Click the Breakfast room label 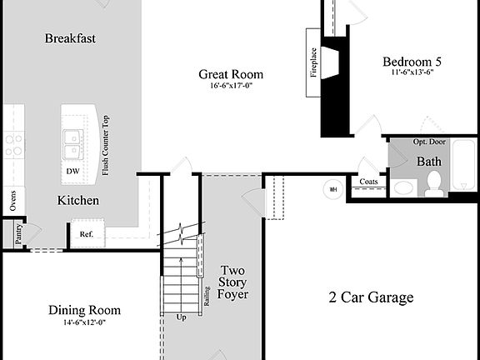coord(70,38)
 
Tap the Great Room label coord(231,74)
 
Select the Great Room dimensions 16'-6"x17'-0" coord(231,86)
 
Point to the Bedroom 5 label coord(412,61)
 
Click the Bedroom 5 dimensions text coord(412,72)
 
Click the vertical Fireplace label coord(314,62)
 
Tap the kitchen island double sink coord(72,143)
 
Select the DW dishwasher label coord(73,172)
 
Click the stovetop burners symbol coord(13,146)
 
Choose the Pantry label coord(17,234)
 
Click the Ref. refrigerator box coord(86,234)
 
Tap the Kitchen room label coord(78,201)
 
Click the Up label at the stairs coord(182,317)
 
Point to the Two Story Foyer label coord(232,282)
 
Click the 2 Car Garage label coord(371,297)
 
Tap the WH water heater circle coord(333,188)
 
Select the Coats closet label coord(367,182)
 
